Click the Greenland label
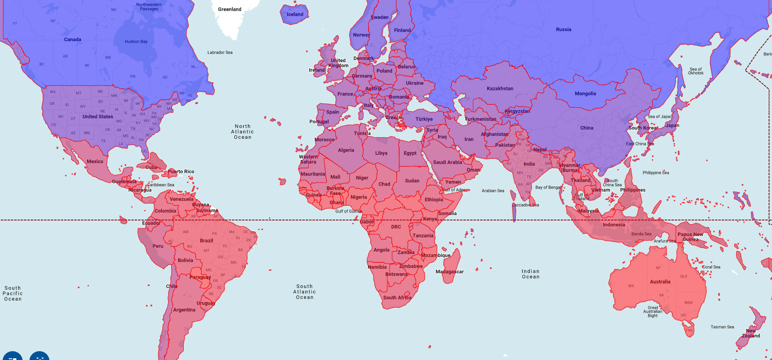pyautogui.click(x=229, y=9)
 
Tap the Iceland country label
pyautogui.click(x=295, y=14)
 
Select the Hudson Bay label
pyautogui.click(x=136, y=41)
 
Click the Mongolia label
pyautogui.click(x=585, y=93)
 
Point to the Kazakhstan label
pyautogui.click(x=499, y=88)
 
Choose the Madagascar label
pyautogui.click(x=450, y=272)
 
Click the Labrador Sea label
pyautogui.click(x=220, y=52)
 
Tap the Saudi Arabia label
pyautogui.click(x=447, y=162)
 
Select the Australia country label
pyautogui.click(x=660, y=282)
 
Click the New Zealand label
pyautogui.click(x=751, y=333)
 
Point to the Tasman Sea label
pyautogui.click(x=722, y=327)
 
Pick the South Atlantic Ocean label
pyautogui.click(x=304, y=292)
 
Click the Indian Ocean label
pyautogui.click(x=530, y=274)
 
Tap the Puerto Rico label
pyautogui.click(x=181, y=171)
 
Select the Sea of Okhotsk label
pyautogui.click(x=696, y=71)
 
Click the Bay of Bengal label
pyautogui.click(x=548, y=187)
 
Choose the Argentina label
pyautogui.click(x=184, y=310)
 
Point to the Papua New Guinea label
pyautogui.click(x=690, y=237)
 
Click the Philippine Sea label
pyautogui.click(x=655, y=173)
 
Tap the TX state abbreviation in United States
pyautogui.click(x=103, y=141)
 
